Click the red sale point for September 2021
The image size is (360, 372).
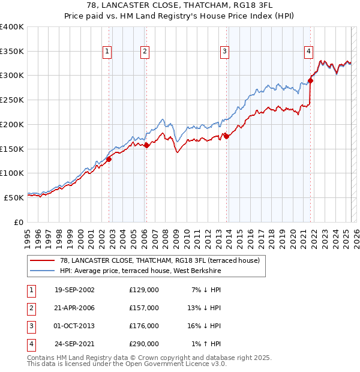[x=311, y=80]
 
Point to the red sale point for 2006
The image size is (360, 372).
[x=147, y=145]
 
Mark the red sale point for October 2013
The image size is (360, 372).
[x=226, y=136]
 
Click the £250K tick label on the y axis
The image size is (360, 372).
[x=12, y=100]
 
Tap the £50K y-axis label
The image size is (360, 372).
[x=14, y=197]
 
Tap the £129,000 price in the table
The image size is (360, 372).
[x=144, y=290]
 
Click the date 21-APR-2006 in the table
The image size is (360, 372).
[x=74, y=308]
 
